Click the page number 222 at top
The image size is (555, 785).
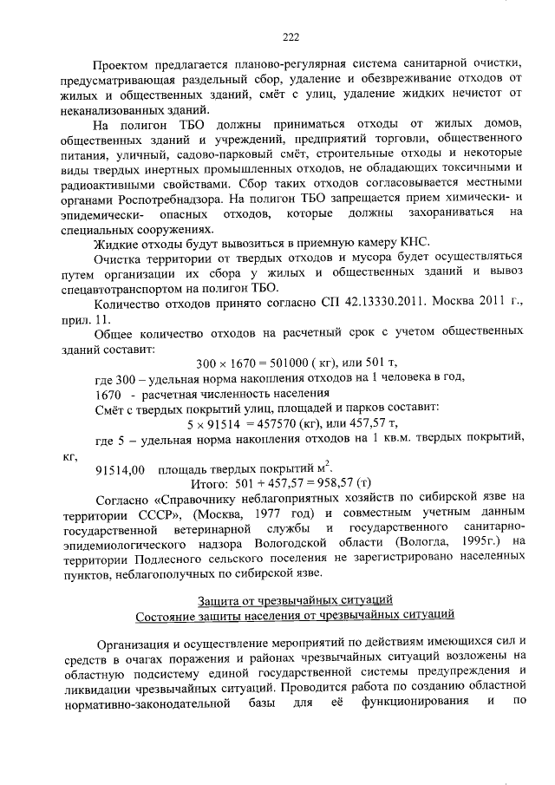tap(291, 36)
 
